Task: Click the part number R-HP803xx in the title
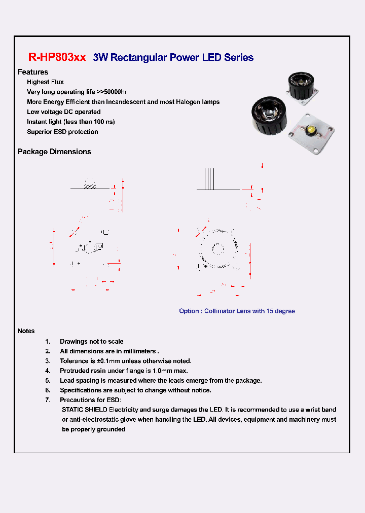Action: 57,57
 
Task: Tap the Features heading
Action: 33,72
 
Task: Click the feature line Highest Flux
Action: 45,82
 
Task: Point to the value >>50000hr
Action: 112,92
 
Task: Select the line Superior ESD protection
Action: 62,132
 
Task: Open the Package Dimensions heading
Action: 54,152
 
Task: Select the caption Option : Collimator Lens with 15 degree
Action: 237,311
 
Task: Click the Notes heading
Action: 26,331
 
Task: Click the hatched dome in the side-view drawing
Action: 90,185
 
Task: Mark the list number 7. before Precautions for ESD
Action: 48,400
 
